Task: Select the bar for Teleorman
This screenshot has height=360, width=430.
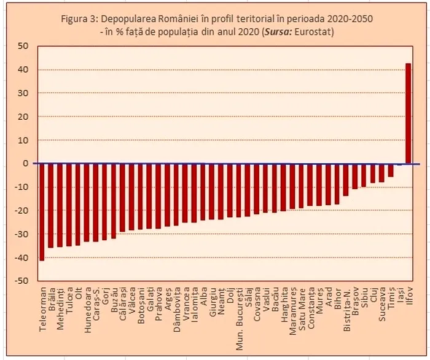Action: (x=42, y=212)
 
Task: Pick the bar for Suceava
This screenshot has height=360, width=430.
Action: (x=381, y=173)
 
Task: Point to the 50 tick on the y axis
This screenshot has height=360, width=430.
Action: (x=23, y=46)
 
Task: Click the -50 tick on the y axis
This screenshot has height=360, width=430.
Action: (x=22, y=281)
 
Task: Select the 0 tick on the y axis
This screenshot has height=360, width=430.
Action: (x=26, y=163)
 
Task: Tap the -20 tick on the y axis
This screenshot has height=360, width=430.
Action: (x=22, y=211)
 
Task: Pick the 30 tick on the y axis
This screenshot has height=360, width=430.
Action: (x=23, y=93)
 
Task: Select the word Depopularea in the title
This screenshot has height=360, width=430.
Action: (x=126, y=18)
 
